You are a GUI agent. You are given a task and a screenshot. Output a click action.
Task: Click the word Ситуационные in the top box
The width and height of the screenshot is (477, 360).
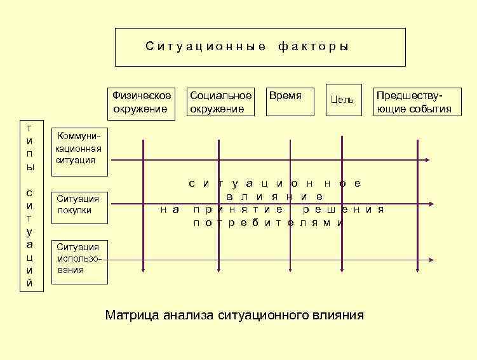point(206,47)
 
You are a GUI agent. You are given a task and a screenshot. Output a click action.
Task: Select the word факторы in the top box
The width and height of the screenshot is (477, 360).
point(314,47)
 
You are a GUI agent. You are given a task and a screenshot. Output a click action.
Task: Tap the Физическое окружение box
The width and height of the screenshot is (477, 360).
point(142,102)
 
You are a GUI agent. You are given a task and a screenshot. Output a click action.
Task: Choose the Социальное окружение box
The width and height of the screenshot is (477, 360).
point(220,102)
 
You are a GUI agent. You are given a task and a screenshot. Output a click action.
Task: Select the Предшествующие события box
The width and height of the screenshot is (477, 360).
point(414,102)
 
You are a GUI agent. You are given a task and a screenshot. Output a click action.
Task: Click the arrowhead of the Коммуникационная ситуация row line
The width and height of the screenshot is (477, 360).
point(431,160)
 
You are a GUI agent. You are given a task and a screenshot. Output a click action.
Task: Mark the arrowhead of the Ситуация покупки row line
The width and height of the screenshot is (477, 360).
point(431,204)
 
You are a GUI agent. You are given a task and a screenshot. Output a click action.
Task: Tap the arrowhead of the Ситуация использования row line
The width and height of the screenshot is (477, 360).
point(431,260)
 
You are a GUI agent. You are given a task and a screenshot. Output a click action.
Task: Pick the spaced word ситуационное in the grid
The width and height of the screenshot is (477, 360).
point(276,183)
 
